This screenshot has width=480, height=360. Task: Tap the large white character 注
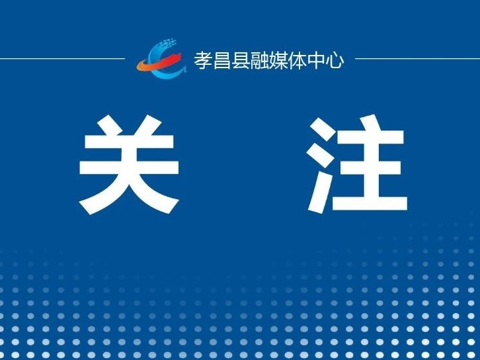[357, 163]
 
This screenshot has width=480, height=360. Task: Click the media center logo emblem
[161, 58]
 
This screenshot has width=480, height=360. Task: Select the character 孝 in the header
[203, 60]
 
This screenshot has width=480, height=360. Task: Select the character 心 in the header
[335, 60]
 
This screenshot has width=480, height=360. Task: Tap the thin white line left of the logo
[62, 58]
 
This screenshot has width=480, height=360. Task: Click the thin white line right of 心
[418, 58]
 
